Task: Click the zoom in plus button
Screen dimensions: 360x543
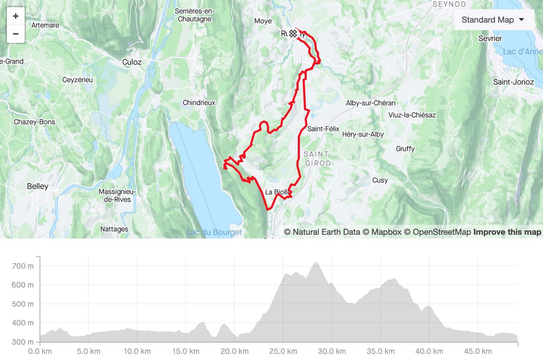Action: pyautogui.click(x=16, y=16)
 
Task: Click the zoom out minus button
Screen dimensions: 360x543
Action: pyautogui.click(x=16, y=34)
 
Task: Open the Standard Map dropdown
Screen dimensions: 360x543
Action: pyautogui.click(x=492, y=20)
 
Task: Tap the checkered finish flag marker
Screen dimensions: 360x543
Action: pyautogui.click(x=293, y=34)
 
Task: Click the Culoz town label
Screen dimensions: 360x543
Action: pyautogui.click(x=132, y=62)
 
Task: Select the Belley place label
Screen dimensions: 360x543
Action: pyautogui.click(x=38, y=186)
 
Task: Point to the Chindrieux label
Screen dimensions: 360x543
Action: pyautogui.click(x=199, y=103)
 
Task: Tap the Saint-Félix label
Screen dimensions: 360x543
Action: pyautogui.click(x=323, y=129)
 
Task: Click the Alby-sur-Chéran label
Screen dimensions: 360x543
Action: pyautogui.click(x=370, y=103)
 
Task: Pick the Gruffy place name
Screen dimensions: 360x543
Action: pyautogui.click(x=405, y=149)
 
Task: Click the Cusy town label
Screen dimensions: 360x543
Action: pyautogui.click(x=380, y=180)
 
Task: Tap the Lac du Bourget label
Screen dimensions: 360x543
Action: pyautogui.click(x=214, y=232)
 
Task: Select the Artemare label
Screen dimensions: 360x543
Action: pyautogui.click(x=45, y=25)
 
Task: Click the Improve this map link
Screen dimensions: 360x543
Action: pyautogui.click(x=507, y=232)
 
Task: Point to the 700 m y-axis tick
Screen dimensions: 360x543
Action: pyautogui.click(x=23, y=266)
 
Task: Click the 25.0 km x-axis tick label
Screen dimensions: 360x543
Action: pyautogui.click(x=283, y=351)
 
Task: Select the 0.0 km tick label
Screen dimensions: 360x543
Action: pyautogui.click(x=40, y=351)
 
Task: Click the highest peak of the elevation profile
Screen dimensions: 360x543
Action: pyautogui.click(x=316, y=262)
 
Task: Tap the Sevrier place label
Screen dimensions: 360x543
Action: pyautogui.click(x=490, y=39)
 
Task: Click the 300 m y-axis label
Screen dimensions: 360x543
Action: pyautogui.click(x=23, y=342)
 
